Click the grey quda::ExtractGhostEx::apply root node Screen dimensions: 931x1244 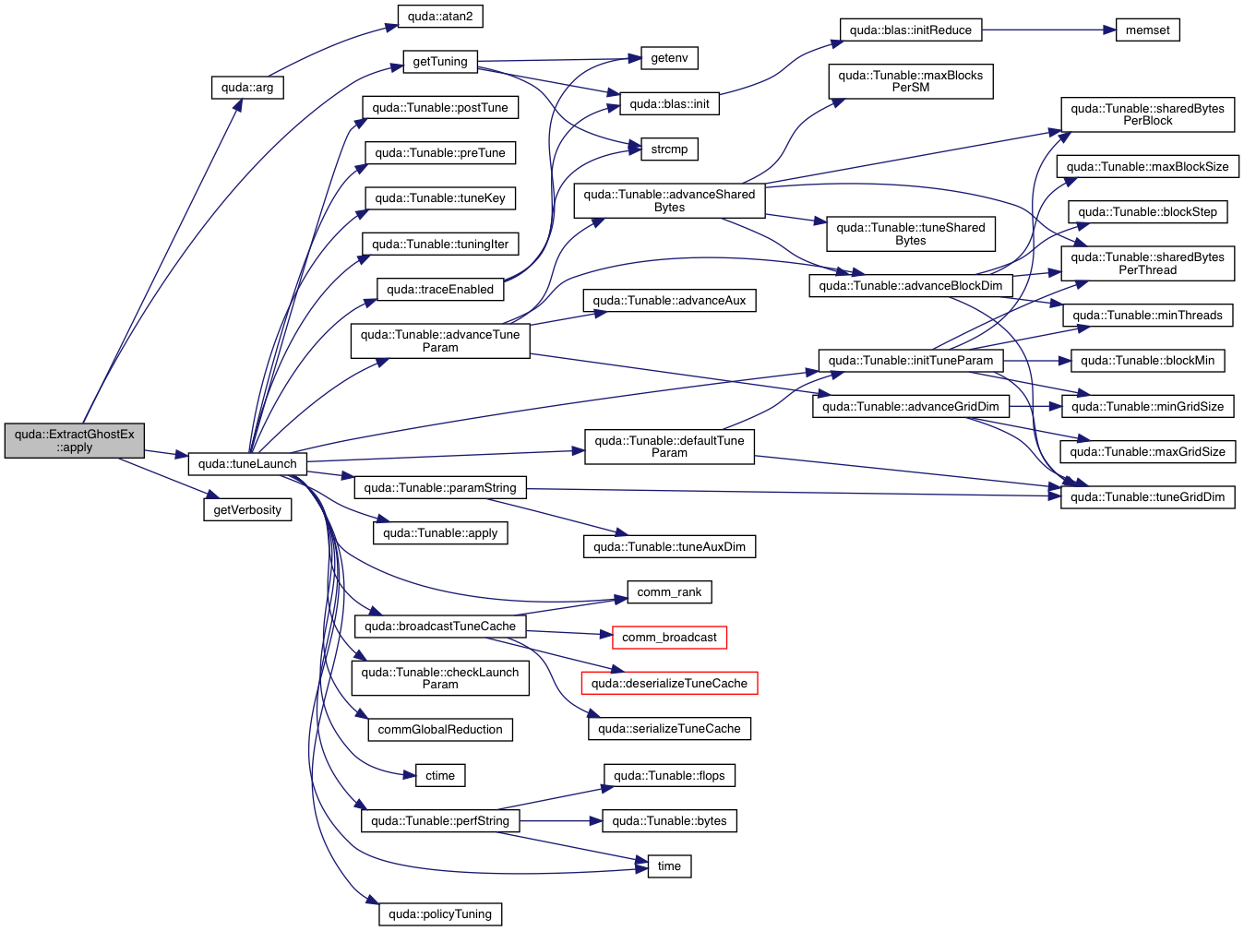(x=75, y=441)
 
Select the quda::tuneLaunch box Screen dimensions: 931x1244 (x=247, y=464)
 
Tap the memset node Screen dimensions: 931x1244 (x=1147, y=30)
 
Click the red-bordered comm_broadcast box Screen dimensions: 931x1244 (x=669, y=638)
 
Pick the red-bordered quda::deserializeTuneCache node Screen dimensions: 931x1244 (x=669, y=684)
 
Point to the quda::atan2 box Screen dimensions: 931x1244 (x=440, y=17)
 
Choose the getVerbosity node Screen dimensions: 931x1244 (x=247, y=510)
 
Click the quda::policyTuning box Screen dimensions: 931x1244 (x=440, y=914)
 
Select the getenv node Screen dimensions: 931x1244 (x=669, y=58)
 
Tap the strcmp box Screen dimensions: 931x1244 (x=669, y=149)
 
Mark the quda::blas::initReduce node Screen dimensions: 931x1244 (x=910, y=30)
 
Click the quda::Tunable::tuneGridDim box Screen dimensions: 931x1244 (x=1147, y=497)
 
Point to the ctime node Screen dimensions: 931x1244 (x=440, y=776)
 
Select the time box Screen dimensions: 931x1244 (x=669, y=866)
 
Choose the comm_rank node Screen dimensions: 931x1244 (x=669, y=592)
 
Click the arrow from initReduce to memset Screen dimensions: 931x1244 (x=1048, y=30)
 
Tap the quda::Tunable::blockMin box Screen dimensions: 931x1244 (x=1147, y=361)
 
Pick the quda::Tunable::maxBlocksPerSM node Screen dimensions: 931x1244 (x=910, y=81)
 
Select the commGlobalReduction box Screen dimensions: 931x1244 (x=440, y=730)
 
